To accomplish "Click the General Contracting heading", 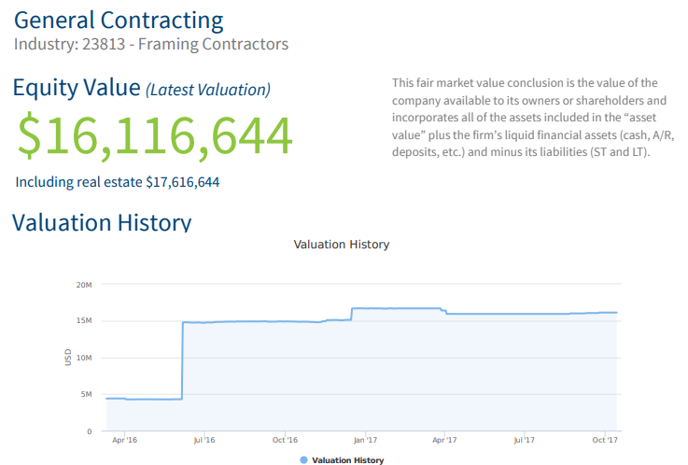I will (x=119, y=20).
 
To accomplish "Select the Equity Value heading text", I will (x=75, y=88).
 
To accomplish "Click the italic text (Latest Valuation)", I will (x=208, y=90).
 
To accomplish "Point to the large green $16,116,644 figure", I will (x=155, y=136).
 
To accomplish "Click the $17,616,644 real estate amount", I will (x=183, y=181).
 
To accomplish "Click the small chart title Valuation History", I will (x=341, y=245).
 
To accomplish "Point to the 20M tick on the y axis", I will (x=84, y=284).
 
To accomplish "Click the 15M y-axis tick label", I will (x=84, y=320).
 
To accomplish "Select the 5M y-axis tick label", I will (x=86, y=394).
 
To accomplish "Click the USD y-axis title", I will (x=68, y=357).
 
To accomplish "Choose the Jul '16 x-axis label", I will (x=204, y=440).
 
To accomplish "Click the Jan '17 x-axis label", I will (x=365, y=440).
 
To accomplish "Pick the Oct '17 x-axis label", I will (x=606, y=440).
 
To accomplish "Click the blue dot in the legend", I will (x=303, y=459).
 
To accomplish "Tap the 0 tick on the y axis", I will (x=90, y=431).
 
